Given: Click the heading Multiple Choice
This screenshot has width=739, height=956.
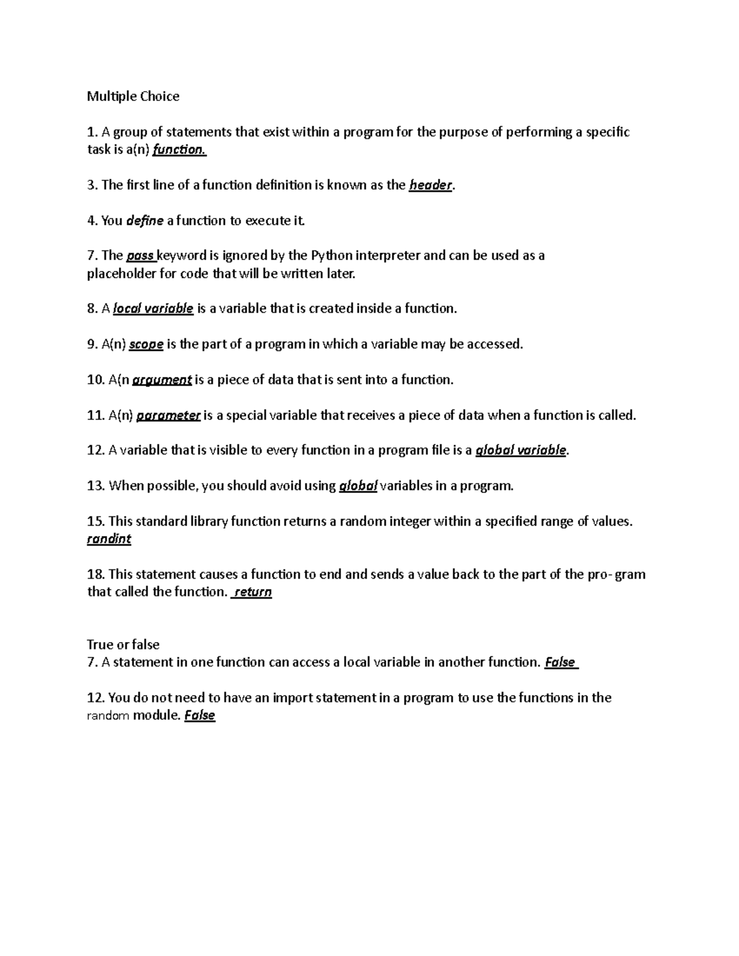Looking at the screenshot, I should tap(133, 96).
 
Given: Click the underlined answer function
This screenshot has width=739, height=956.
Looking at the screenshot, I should tap(179, 150).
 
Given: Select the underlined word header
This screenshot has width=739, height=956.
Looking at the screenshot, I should tap(430, 185).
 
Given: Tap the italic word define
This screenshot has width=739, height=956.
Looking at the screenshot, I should tap(145, 220).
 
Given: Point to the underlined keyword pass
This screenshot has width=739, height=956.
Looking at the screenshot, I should tap(140, 255).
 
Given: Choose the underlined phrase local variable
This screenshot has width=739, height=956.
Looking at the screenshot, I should tap(153, 308).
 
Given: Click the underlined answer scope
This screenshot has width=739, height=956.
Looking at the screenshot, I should tap(146, 344).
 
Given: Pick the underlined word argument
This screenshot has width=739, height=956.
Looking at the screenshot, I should tap(162, 380).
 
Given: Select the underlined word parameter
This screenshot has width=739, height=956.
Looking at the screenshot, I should tap(168, 416).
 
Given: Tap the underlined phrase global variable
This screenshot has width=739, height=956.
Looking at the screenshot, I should tap(521, 451).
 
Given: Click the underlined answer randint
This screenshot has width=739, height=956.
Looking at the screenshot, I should tap(109, 539).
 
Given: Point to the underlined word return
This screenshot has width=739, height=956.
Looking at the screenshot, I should tap(252, 592).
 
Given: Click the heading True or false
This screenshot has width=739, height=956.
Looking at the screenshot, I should tap(123, 645).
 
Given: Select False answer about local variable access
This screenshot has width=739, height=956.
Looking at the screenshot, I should tap(560, 662).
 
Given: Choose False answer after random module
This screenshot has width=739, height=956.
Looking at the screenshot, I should tap(200, 715).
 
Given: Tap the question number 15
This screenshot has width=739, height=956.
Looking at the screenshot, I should tap(95, 521).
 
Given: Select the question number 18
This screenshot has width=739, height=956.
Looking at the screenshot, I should tap(95, 574).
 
